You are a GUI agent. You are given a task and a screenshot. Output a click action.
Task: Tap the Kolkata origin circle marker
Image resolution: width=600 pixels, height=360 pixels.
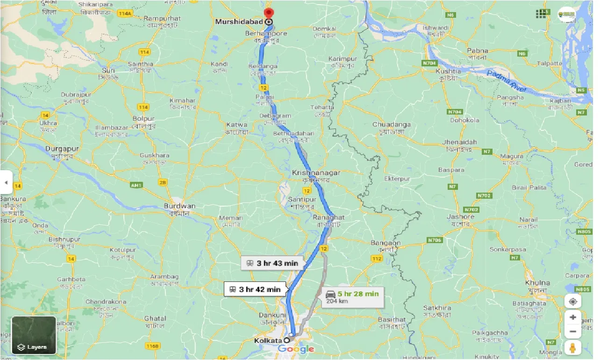click(x=286, y=340)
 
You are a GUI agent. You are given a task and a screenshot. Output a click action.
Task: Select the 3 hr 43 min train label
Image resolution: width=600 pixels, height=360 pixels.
click(x=272, y=263)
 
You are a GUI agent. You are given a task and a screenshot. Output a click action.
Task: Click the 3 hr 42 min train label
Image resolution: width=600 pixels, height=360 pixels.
click(x=255, y=289)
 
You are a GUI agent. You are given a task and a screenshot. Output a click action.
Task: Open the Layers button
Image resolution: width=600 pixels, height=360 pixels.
click(x=34, y=335)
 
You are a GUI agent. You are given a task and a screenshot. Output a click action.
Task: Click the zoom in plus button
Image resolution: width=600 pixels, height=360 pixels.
click(x=572, y=317)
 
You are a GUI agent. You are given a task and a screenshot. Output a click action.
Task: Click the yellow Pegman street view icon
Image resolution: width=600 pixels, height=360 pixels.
click(x=572, y=348)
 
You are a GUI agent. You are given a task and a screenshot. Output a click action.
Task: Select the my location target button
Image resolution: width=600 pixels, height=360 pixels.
click(x=572, y=301)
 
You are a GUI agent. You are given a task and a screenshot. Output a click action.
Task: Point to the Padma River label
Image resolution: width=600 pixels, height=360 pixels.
click(x=507, y=81)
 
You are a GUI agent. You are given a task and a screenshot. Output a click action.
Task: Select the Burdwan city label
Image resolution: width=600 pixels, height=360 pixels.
click(x=179, y=206)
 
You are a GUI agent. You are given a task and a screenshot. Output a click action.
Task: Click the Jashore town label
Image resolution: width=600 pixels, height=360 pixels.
click(x=460, y=216)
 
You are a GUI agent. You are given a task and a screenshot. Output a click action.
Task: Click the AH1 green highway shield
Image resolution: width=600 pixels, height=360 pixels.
click(x=136, y=186)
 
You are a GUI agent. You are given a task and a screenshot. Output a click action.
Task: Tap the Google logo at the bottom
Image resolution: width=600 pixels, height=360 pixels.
click(x=296, y=349)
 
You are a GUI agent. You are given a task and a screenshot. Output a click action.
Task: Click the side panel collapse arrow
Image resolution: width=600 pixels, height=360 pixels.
click(x=6, y=182)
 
